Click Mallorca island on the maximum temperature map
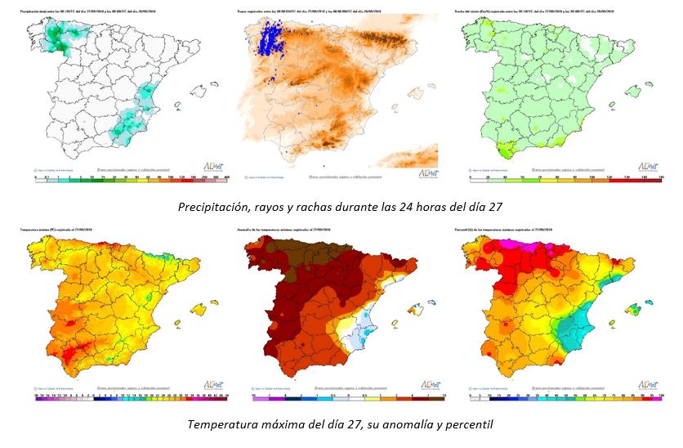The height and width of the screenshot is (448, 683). [199, 309]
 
